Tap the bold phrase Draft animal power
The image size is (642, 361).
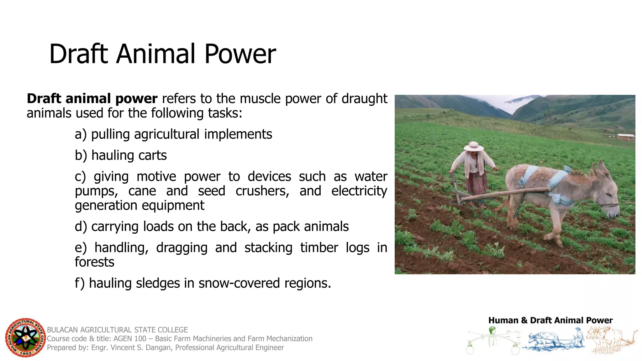[x=92, y=99]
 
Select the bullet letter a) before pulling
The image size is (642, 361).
[x=81, y=134]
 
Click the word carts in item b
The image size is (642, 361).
[x=153, y=155]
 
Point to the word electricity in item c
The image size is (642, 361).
[x=359, y=191]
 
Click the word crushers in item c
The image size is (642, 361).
[x=262, y=191]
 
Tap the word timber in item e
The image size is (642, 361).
[x=319, y=248]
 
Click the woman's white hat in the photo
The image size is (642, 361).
[x=474, y=146]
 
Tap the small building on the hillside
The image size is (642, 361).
[x=626, y=137]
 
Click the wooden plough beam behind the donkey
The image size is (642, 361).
[x=505, y=194]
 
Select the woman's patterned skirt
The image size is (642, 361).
[x=477, y=183]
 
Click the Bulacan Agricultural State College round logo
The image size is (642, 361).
[x=25, y=338]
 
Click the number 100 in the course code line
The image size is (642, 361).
[x=140, y=339]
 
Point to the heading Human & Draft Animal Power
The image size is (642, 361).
[x=550, y=320]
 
